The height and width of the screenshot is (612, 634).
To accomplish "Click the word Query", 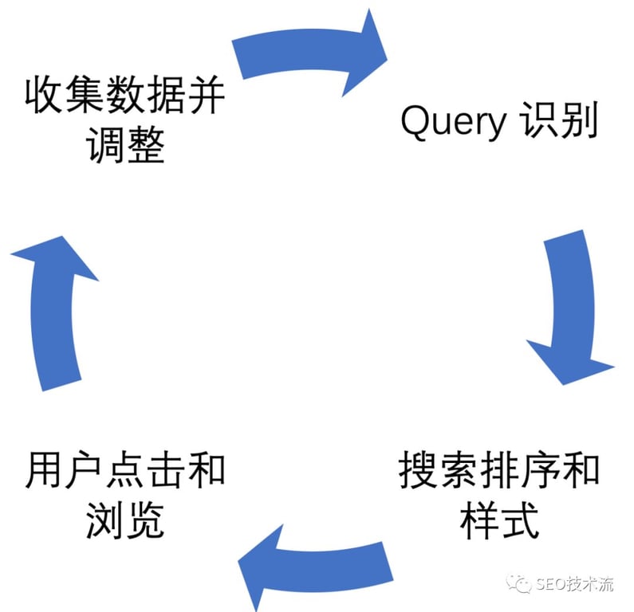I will pyautogui.click(x=452, y=124).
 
